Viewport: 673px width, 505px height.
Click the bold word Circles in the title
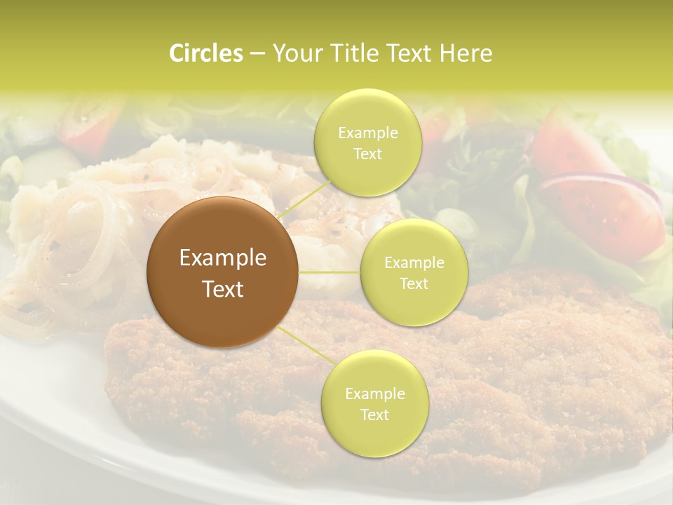pos(205,53)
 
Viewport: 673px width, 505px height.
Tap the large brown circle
pos(223,273)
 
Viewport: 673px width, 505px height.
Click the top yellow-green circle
pos(367,142)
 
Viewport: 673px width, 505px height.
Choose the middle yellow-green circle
pos(414,272)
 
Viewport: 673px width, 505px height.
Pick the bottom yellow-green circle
pos(374,403)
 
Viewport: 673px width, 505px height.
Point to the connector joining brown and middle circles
pos(329,272)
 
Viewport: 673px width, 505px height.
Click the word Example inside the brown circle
pos(223,258)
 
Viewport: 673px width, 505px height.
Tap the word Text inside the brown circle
pos(223,288)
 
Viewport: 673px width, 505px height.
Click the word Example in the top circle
pos(367,133)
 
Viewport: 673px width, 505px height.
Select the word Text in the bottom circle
pos(374,415)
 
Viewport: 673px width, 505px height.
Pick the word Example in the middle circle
pos(414,263)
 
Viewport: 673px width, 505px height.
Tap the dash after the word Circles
pos(257,53)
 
